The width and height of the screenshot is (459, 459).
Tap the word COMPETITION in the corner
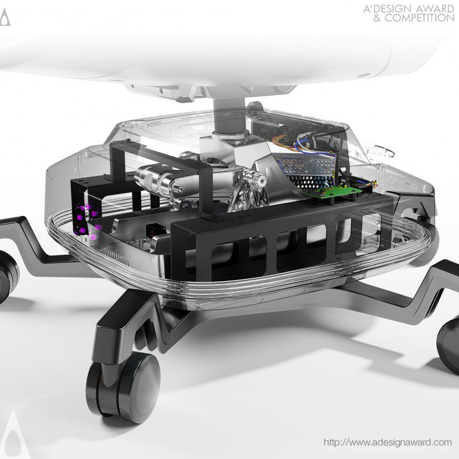click(419, 18)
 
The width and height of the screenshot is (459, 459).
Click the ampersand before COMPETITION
click(378, 18)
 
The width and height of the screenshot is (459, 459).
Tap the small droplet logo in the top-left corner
click(5, 17)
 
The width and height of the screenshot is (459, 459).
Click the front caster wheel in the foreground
click(123, 387)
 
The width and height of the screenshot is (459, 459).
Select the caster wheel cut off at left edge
click(7, 277)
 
